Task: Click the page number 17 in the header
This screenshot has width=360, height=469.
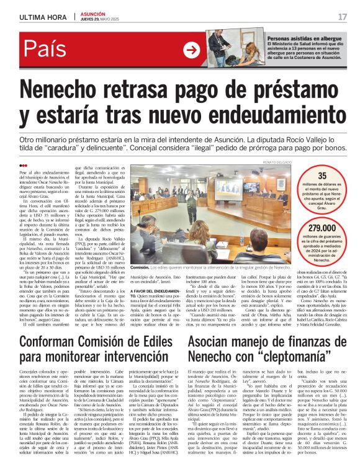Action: point(343,16)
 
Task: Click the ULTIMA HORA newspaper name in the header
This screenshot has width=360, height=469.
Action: point(40,16)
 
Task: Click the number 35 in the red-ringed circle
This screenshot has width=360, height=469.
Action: point(322,176)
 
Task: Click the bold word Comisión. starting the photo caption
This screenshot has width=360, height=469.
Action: point(140,267)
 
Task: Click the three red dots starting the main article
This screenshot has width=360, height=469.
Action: point(23,165)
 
